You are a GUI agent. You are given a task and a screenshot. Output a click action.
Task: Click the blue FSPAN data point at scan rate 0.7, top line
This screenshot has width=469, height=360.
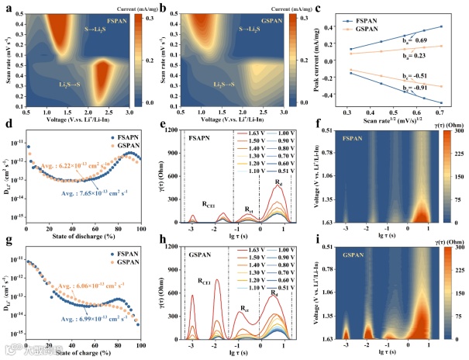pos(441,26)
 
